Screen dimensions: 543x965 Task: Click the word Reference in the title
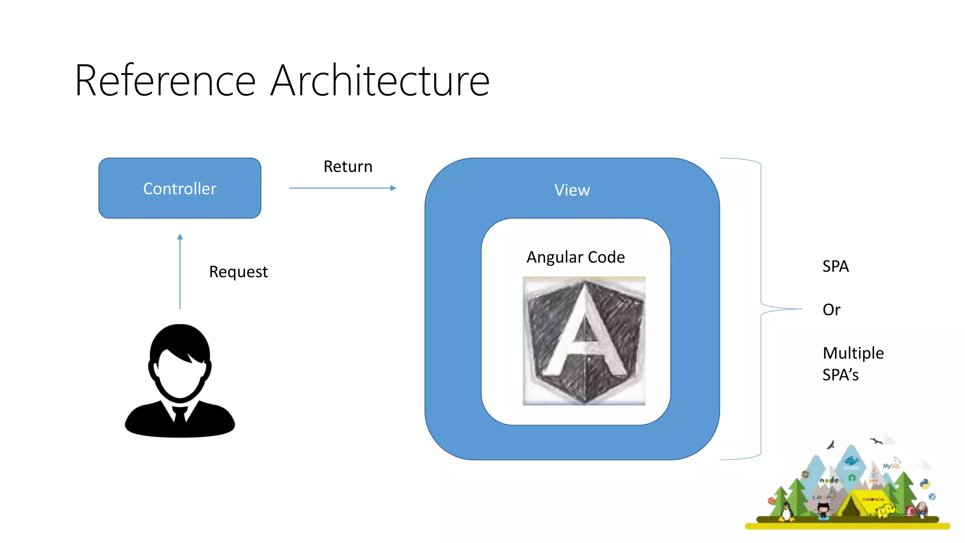(165, 81)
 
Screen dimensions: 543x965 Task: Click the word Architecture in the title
(380, 81)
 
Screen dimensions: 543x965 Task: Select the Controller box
(180, 188)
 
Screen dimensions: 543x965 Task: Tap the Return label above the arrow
(348, 166)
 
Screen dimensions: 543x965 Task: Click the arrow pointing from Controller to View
(343, 188)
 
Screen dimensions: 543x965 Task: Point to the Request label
(238, 271)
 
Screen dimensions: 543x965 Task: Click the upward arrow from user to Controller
(180, 271)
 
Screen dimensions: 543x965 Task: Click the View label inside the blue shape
(572, 190)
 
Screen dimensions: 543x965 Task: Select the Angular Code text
(575, 257)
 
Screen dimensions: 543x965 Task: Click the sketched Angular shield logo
(584, 341)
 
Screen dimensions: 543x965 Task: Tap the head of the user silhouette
(180, 361)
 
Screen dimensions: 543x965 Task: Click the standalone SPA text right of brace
(835, 266)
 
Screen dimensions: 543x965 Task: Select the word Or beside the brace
(831, 310)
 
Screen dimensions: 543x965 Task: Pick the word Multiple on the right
(853, 353)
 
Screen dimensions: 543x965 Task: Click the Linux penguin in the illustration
(785, 512)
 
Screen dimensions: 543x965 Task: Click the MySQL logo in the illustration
(891, 466)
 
